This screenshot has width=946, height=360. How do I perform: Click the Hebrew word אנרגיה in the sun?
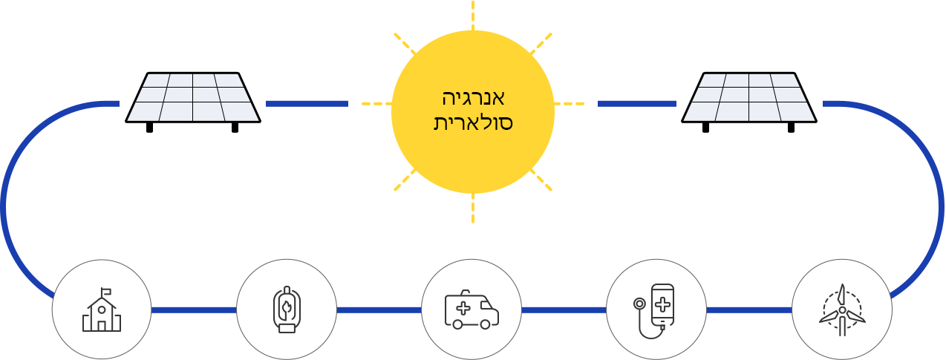tap(473, 98)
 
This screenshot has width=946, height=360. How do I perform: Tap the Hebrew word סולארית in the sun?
tap(473, 122)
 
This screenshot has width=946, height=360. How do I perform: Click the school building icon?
tap(102, 310)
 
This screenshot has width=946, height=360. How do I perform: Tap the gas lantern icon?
tap(287, 310)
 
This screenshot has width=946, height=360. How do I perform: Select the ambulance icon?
tap(472, 310)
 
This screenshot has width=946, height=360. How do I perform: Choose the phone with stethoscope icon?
tap(654, 311)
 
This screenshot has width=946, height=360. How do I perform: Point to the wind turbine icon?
tap(842, 310)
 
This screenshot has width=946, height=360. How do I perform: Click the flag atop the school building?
tap(106, 291)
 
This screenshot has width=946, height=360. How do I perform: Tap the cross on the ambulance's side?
tap(463, 309)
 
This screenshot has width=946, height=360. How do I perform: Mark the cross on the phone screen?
tap(662, 305)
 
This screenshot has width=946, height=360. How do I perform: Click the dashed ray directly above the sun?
tap(472, 16)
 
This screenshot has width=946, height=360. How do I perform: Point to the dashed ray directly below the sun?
tap(472, 208)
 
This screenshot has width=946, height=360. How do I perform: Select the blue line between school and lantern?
tap(194, 310)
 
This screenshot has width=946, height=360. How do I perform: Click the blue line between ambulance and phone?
tap(564, 310)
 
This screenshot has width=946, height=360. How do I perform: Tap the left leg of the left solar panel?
tap(149, 128)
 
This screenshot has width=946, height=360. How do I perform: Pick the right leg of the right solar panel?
tap(791, 128)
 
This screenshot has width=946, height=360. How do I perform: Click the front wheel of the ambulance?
tap(485, 324)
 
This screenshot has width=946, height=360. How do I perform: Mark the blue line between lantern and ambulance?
tap(379, 310)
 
